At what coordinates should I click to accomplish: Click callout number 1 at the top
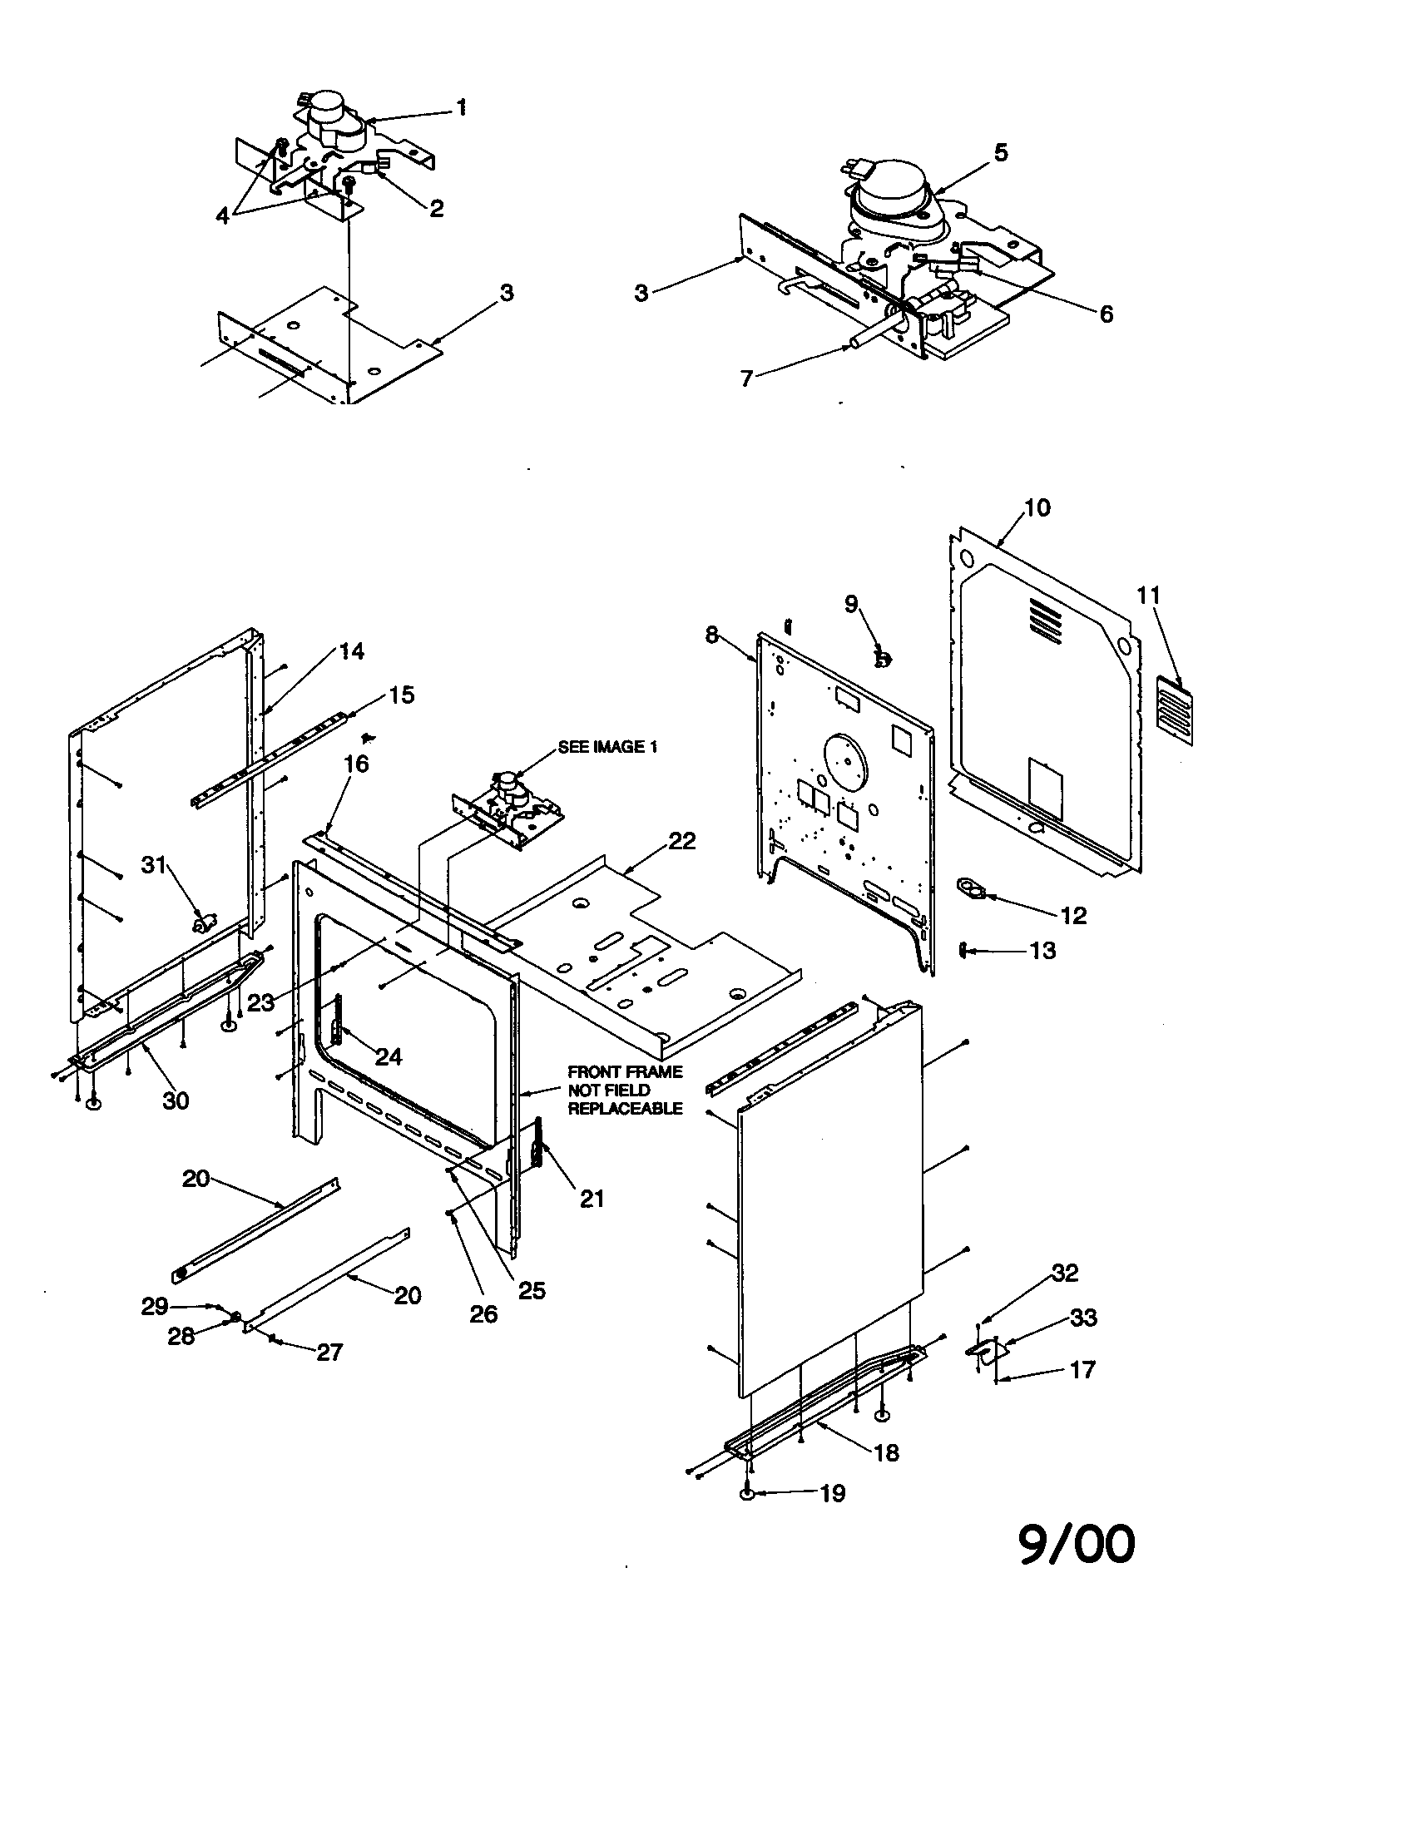click(x=460, y=107)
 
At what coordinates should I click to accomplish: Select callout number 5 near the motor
click(x=1001, y=152)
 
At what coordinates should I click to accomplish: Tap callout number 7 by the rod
click(x=746, y=378)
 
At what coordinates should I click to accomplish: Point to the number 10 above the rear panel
click(x=1037, y=507)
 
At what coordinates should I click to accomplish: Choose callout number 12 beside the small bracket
click(x=1073, y=916)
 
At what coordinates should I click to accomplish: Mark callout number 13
click(x=1042, y=951)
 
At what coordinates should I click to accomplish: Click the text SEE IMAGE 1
click(x=607, y=747)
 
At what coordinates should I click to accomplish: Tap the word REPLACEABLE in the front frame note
click(x=625, y=1108)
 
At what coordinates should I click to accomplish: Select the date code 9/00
click(x=1077, y=1545)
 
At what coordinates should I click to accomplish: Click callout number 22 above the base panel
click(x=682, y=841)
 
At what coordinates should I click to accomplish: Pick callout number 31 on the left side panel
click(x=153, y=865)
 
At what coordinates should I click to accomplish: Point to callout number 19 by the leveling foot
click(x=832, y=1493)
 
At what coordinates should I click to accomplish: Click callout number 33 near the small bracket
click(x=1083, y=1318)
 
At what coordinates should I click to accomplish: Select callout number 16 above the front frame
click(x=356, y=764)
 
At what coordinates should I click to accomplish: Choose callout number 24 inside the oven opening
click(x=388, y=1056)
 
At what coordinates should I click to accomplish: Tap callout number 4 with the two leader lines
click(x=222, y=215)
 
